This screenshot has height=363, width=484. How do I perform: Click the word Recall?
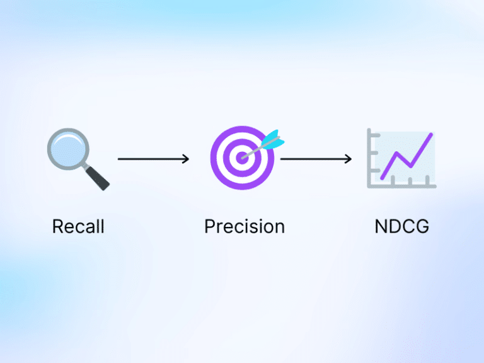click(78, 226)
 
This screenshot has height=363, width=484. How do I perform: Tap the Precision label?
click(244, 226)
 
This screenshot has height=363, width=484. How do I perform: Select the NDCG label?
click(401, 226)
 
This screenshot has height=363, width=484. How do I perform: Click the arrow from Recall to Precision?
click(153, 159)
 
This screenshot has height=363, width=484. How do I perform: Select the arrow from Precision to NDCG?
click(315, 159)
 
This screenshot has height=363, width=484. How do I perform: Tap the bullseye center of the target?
click(242, 158)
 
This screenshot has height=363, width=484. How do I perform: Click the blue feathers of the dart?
click(272, 139)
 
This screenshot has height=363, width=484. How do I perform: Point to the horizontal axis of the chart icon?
click(403, 185)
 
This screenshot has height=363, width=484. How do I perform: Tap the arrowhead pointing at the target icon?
click(186, 159)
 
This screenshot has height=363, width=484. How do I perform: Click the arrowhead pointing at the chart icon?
click(349, 159)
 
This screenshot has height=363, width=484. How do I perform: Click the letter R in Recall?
click(57, 226)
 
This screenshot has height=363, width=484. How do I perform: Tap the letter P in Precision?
click(209, 226)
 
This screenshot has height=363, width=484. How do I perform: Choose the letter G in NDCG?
click(422, 226)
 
